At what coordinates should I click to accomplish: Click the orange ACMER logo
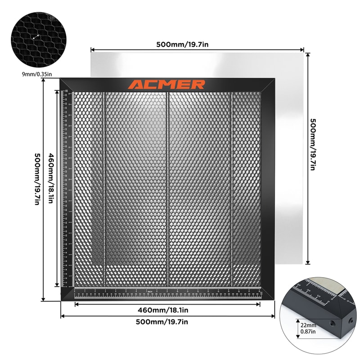(x=166, y=85)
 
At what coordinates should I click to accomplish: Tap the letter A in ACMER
(x=135, y=85)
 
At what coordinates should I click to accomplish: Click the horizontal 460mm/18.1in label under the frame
(x=167, y=310)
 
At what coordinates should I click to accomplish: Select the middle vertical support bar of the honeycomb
(x=167, y=189)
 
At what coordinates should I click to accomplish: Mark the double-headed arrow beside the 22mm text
(x=298, y=328)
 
